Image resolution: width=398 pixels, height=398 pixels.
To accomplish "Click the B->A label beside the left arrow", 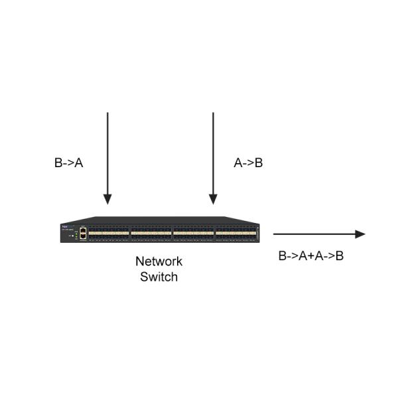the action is tap(68, 163).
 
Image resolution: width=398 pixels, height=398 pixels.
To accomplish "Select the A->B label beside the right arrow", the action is tap(249, 163).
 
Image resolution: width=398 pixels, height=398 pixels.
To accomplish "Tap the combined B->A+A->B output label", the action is tap(310, 255).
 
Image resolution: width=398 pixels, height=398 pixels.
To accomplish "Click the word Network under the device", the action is tap(159, 261).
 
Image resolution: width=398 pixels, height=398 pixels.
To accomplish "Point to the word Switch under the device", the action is tap(159, 277).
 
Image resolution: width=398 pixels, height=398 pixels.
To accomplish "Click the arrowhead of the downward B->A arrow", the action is tap(107, 199).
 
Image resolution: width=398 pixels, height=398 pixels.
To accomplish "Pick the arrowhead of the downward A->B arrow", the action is tap(213, 199).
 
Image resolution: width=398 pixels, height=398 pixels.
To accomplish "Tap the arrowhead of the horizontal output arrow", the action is tap(360, 234).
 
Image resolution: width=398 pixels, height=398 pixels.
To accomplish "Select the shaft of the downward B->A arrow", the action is tap(107, 153).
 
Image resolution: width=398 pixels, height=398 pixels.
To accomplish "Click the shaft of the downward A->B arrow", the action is tap(213, 153).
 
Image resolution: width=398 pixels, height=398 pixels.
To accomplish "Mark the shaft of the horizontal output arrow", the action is tap(312, 234).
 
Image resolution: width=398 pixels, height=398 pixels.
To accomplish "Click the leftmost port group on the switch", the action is tap(109, 233).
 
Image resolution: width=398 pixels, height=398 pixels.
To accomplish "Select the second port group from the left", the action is tap(151, 233).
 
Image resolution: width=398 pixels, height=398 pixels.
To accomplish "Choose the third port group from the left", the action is tap(193, 233).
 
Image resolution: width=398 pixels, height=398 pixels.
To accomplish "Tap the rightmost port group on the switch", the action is tap(235, 233).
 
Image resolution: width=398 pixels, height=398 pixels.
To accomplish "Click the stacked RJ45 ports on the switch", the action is tap(83, 233).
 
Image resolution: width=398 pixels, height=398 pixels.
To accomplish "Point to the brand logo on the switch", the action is tap(66, 227).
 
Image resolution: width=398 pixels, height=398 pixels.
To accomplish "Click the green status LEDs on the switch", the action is tap(76, 233).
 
